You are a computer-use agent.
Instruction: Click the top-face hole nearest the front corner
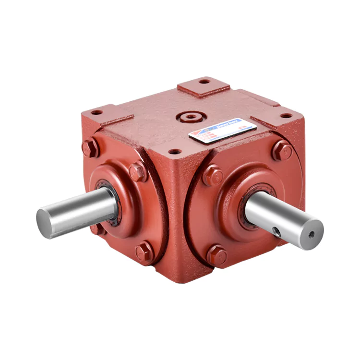175,151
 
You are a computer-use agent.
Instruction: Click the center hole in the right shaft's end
312,235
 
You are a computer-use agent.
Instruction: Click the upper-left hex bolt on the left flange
90,147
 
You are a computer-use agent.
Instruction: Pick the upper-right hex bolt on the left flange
137,171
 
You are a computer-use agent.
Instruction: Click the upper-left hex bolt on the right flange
212,175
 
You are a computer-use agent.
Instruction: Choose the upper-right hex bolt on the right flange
282,151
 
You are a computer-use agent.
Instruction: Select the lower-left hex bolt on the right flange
216,254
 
